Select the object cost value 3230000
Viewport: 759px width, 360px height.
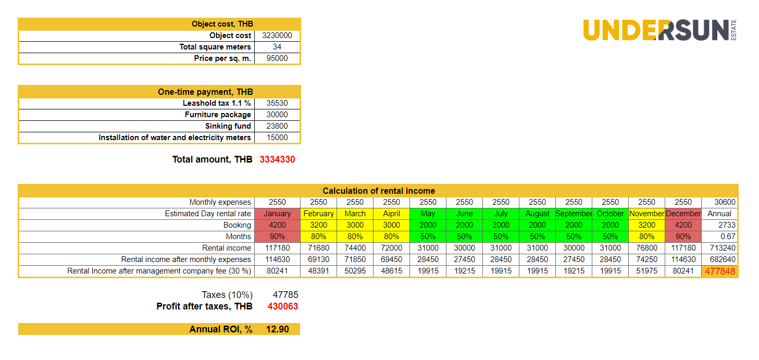[277, 35]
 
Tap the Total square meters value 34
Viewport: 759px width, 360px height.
[277, 47]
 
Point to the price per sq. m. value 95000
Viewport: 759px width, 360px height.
[277, 58]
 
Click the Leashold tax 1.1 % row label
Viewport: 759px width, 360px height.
[217, 103]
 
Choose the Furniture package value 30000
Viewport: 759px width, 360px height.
[277, 115]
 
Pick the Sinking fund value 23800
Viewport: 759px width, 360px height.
[277, 126]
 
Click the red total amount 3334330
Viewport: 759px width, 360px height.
[277, 159]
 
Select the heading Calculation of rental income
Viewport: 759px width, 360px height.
[379, 191]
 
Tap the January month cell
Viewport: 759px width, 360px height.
[277, 214]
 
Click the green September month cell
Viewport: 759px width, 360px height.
[574, 214]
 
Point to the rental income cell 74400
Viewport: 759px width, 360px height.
[355, 248]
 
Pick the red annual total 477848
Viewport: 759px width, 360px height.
[719, 271]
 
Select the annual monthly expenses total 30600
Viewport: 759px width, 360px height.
[719, 202]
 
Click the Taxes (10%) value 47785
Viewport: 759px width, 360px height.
[285, 295]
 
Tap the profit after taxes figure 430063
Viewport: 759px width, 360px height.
[283, 306]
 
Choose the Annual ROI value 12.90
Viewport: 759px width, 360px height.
[277, 329]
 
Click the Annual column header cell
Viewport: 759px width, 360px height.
[719, 214]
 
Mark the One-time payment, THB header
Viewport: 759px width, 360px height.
[205, 92]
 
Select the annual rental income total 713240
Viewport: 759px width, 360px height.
[719, 248]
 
